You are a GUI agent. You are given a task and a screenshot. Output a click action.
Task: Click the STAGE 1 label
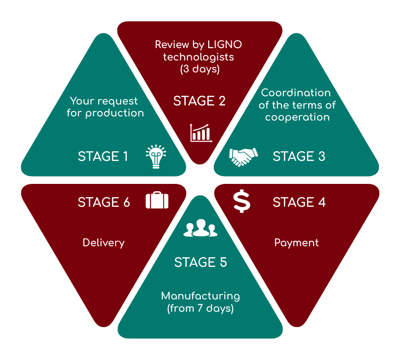tap(103, 156)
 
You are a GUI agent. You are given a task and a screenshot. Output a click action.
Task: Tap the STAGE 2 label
tap(199, 101)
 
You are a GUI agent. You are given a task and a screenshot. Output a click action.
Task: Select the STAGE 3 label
tap(299, 156)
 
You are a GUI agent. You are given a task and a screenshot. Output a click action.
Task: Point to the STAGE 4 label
tap(299, 202)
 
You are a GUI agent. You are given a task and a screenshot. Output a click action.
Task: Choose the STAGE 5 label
tap(200, 262)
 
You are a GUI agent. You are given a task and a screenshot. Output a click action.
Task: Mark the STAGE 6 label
tap(104, 202)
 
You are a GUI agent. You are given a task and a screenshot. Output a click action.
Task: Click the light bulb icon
tap(156, 156)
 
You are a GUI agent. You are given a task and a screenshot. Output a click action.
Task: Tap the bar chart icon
tap(201, 133)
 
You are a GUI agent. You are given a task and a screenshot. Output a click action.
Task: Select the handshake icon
tap(243, 157)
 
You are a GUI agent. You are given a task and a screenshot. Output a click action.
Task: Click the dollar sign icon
tap(242, 202)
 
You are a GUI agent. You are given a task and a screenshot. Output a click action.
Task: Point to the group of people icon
tap(200, 228)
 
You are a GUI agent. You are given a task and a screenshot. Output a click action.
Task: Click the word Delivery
tap(104, 243)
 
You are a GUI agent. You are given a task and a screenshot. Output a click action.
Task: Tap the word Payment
tap(296, 243)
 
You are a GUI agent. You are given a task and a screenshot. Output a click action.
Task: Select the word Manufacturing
tap(200, 296)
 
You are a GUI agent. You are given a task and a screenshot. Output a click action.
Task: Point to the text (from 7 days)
tap(200, 309)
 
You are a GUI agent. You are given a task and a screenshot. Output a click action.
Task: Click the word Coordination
tap(296, 93)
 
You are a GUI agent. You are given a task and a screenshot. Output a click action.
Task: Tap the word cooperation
tap(297, 117)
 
